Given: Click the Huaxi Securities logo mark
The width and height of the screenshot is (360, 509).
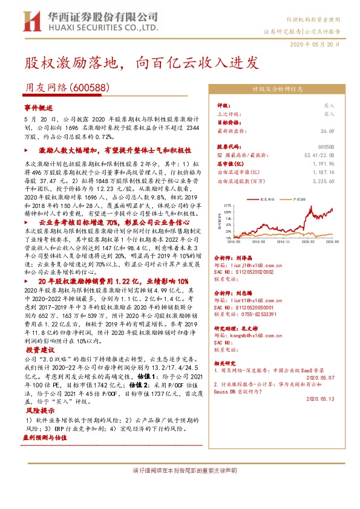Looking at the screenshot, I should [x=30, y=22].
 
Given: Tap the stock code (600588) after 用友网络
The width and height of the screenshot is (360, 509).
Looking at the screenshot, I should [x=89, y=87].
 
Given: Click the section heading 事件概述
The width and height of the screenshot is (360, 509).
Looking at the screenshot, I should [x=39, y=105].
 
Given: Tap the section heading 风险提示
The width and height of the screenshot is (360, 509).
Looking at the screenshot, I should [x=39, y=410].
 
